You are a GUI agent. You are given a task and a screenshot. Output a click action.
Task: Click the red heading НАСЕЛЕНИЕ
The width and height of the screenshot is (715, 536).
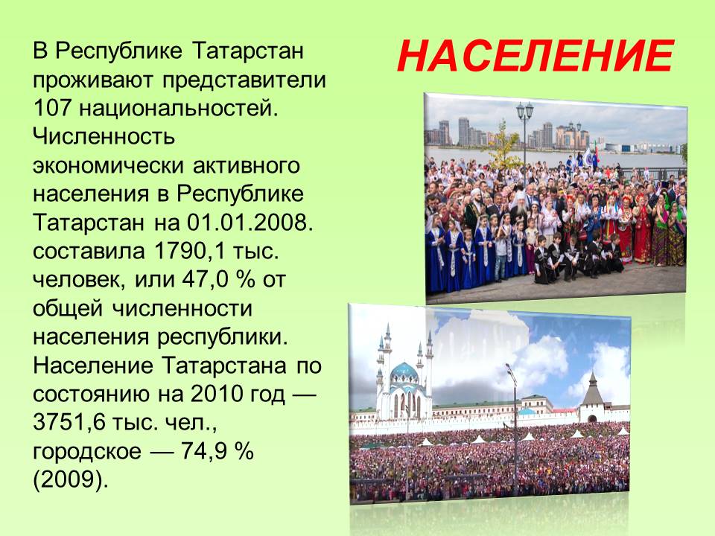point(536,57)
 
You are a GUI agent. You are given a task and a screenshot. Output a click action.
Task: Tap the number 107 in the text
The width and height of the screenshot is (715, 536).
point(52,108)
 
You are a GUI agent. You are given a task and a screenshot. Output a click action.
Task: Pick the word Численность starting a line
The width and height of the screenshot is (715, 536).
point(104,137)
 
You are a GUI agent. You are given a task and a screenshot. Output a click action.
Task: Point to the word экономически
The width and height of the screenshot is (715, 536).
point(109,165)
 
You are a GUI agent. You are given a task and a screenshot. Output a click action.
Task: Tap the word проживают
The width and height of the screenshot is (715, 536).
point(94,80)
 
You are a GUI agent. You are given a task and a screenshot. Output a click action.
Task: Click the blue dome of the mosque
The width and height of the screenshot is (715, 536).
point(404,373)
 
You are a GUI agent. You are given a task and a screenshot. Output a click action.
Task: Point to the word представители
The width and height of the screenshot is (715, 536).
point(244,80)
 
